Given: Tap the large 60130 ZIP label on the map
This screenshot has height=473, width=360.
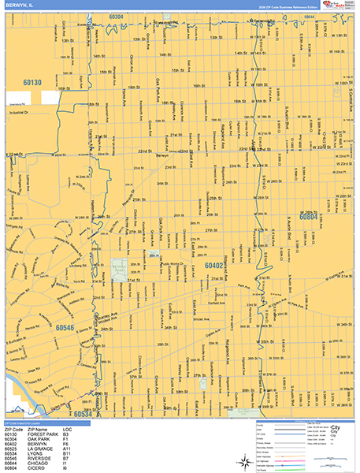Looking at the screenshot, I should [32, 82].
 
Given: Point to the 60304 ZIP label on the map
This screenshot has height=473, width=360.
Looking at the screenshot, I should [116, 16].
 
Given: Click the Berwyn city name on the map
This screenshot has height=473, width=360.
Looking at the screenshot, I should [162, 155].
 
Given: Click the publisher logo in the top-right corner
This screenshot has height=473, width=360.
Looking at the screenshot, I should [341, 6].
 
